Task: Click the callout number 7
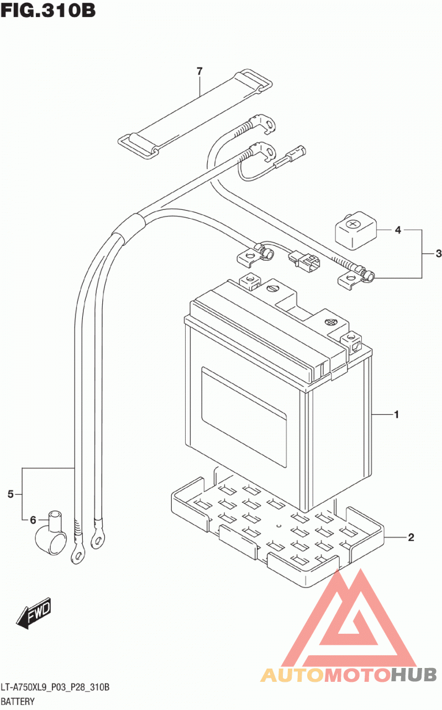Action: coord(199,71)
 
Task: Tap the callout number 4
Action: coord(398,230)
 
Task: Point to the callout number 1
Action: coord(396,414)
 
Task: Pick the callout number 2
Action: coord(411,537)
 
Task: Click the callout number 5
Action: coord(10,494)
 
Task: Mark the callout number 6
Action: coord(33,520)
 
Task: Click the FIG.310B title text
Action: coord(48,10)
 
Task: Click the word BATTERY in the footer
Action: coord(18,702)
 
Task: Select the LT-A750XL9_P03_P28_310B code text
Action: coord(55,687)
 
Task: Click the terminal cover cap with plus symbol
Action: coord(356,230)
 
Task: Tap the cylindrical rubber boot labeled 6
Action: coord(51,533)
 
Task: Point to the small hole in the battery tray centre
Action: coord(279,526)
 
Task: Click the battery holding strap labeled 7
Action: coord(195,114)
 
